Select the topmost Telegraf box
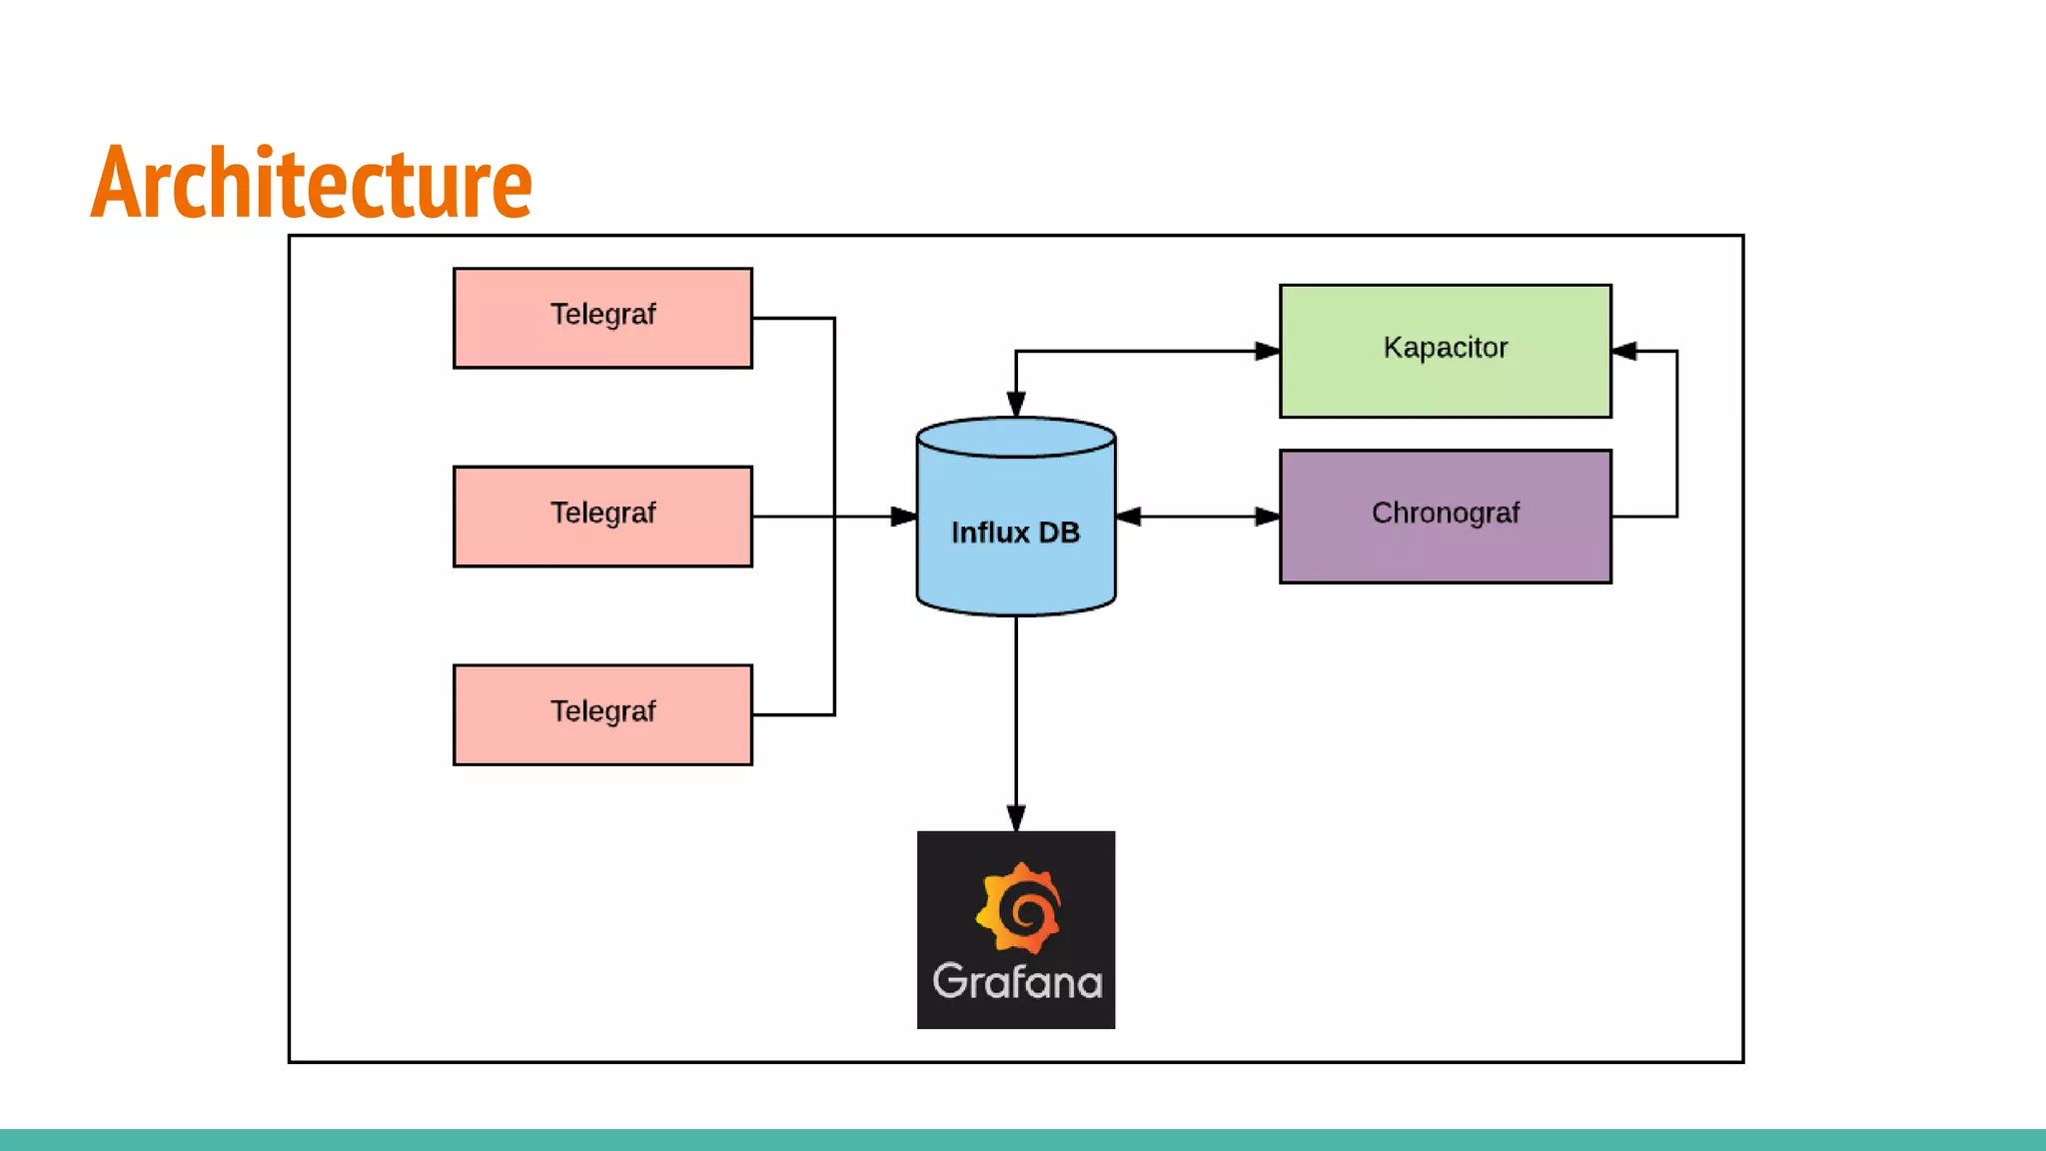click(602, 318)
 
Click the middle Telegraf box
click(602, 517)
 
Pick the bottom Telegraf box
click(602, 715)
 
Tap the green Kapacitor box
click(1445, 351)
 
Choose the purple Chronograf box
click(1445, 517)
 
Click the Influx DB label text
click(1015, 533)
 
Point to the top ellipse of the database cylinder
click(1016, 438)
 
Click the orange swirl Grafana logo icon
click(1018, 908)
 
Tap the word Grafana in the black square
click(1017, 982)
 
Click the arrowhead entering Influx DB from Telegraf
click(903, 517)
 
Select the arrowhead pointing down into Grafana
click(1016, 818)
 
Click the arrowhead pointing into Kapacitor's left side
click(1267, 351)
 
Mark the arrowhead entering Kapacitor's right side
click(1625, 351)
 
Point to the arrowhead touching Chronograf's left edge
click(1267, 517)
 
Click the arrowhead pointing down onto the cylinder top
click(1016, 404)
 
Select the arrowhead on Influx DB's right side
click(1129, 517)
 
